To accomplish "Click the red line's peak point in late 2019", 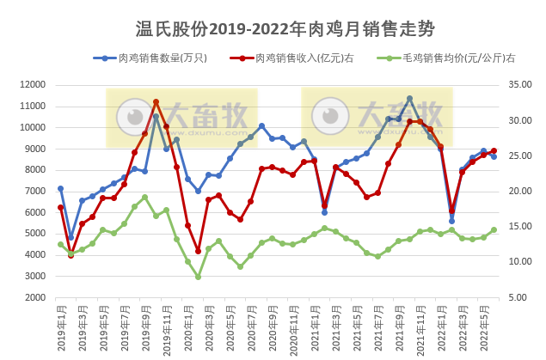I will point(156,101).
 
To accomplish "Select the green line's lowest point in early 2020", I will point(198,277).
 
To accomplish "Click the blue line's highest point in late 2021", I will point(409,98).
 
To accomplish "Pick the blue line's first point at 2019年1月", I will point(60,188).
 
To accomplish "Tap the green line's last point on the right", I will point(494,229).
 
